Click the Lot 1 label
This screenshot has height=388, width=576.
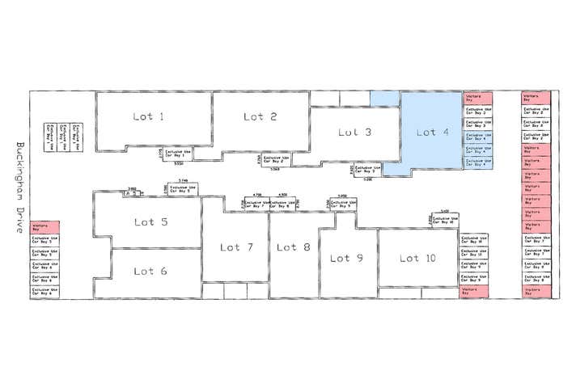(x=149, y=117)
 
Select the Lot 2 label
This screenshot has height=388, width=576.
(x=260, y=117)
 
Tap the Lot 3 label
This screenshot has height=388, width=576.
(x=355, y=133)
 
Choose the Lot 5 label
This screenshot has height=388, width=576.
(x=150, y=221)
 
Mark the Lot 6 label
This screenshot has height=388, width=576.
(x=150, y=272)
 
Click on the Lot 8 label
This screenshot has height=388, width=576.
(x=293, y=247)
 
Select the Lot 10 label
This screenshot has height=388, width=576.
(x=417, y=259)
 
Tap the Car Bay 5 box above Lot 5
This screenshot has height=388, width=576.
(x=184, y=189)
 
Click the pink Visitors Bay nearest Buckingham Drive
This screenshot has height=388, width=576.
(x=44, y=228)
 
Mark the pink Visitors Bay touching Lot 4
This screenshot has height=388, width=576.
(x=477, y=99)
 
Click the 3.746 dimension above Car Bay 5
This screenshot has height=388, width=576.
(x=183, y=180)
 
